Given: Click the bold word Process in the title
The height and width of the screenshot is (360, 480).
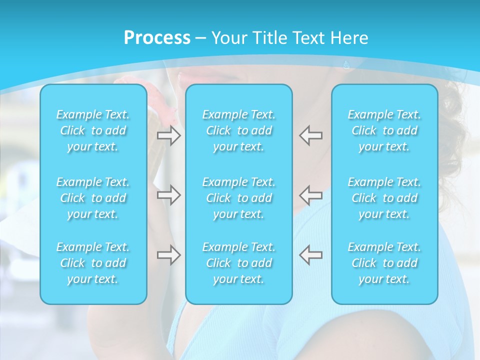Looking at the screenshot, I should pos(157,38).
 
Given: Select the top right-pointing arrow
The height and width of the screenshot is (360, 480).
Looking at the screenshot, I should pos(169,135).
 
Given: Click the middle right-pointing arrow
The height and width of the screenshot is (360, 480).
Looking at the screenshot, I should pos(169,195).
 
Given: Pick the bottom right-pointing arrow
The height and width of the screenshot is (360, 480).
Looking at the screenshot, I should pos(169,255).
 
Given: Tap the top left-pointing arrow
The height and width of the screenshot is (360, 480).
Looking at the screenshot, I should pos(311,135).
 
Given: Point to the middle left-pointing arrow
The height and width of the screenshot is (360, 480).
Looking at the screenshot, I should pos(311,195).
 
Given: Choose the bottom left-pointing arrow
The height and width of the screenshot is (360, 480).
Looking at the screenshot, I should pos(311,255).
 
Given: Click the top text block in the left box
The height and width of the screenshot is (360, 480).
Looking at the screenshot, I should pos(93,130).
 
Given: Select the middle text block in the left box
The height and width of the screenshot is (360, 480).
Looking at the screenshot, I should pos(93,198).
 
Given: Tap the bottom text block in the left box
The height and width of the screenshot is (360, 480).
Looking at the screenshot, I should pos(93,263).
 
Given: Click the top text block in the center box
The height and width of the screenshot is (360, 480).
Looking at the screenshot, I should pos(239,130).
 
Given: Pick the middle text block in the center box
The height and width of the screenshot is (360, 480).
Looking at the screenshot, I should pos(239,198).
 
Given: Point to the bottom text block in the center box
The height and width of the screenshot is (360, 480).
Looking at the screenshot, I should pos(239,263).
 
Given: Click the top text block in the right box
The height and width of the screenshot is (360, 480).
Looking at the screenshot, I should pos(384,130).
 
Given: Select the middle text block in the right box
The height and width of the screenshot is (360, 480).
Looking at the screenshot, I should pos(384,198).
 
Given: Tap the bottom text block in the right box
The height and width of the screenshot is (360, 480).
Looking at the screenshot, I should pos(384,263).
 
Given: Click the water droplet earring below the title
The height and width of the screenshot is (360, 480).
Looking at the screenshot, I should pos(346,64).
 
